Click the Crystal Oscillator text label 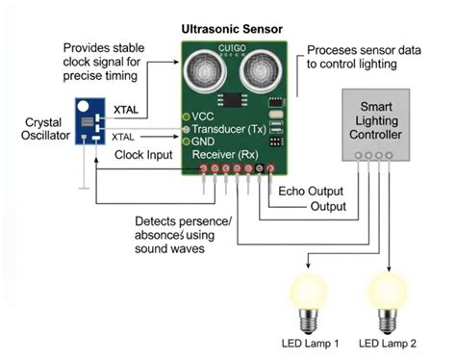coord(33,131)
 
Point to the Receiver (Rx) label coord(223,154)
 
